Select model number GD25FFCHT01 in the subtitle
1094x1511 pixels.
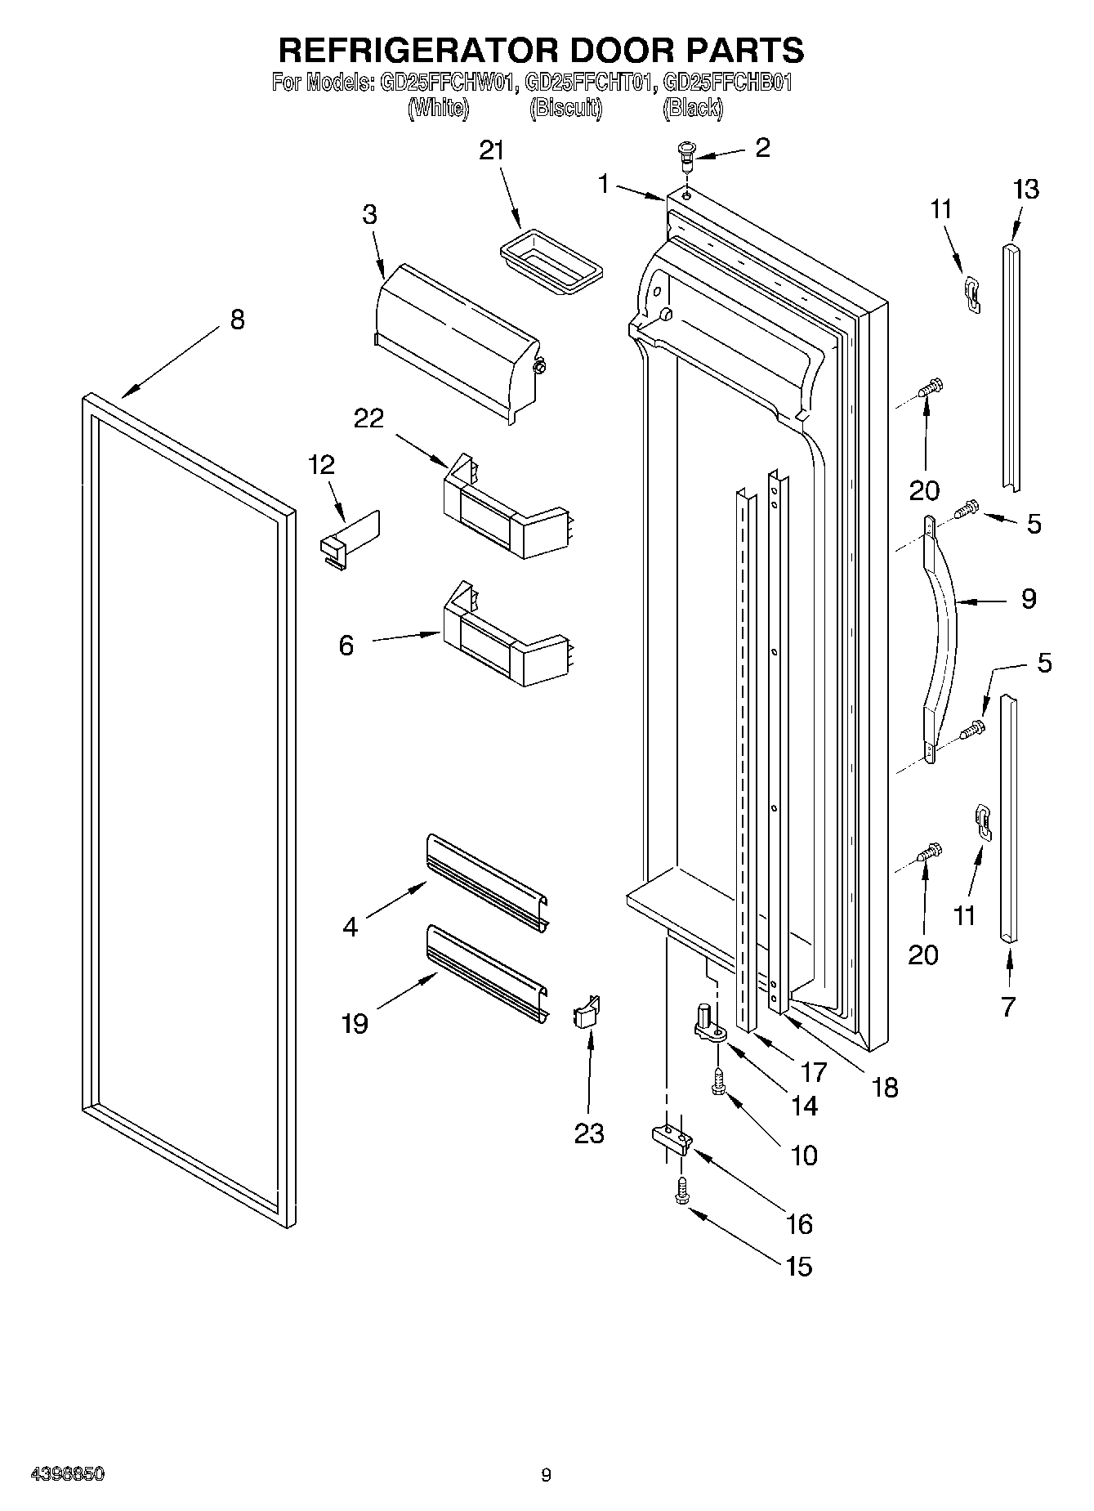[590, 83]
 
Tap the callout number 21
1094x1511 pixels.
[492, 150]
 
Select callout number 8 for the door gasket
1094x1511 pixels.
[237, 319]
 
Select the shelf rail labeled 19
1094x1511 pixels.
[487, 972]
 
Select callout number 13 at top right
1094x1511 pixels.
[1025, 190]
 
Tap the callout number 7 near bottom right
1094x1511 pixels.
[1007, 1007]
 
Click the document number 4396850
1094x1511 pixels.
[67, 1474]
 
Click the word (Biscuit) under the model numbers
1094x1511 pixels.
[565, 108]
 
